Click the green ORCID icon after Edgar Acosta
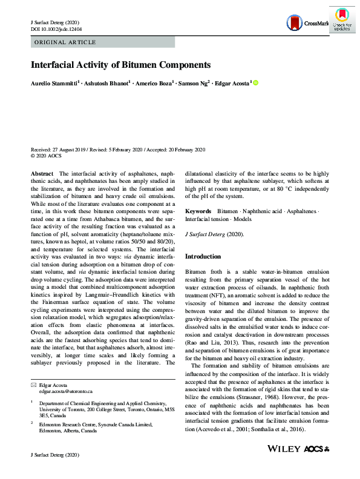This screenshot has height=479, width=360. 255,82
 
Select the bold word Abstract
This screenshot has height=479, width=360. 42,173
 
